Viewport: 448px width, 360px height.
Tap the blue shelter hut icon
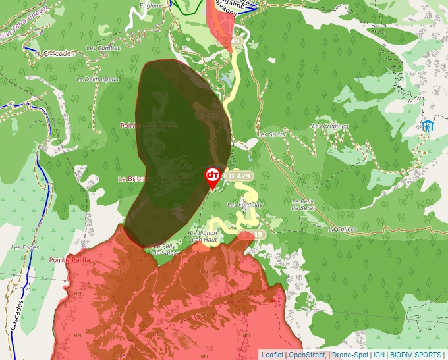[429, 126]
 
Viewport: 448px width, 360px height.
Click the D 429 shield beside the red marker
[238, 176]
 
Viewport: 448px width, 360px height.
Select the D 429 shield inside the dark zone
[210, 115]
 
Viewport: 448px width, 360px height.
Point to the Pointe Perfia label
[69, 260]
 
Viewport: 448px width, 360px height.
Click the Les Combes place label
[103, 49]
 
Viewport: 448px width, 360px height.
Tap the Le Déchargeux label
[98, 79]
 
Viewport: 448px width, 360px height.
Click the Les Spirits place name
[272, 134]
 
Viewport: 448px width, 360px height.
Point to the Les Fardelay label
[244, 205]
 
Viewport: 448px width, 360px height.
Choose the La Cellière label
[342, 229]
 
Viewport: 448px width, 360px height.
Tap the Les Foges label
[24, 247]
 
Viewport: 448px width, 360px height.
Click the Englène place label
[151, 5]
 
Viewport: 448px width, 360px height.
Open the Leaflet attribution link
[272, 355]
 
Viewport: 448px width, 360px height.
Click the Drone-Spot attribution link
[350, 355]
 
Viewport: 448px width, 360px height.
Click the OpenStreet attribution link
[307, 355]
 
